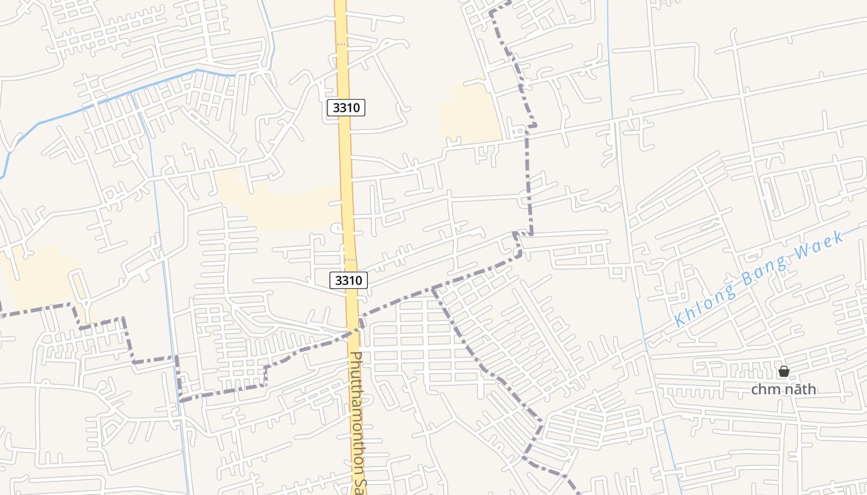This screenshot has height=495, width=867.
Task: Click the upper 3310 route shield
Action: [x=346, y=108]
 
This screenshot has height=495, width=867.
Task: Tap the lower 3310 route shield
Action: [x=349, y=280]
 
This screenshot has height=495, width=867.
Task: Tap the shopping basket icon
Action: [x=784, y=371]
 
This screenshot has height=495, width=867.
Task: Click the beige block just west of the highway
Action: [x=291, y=207]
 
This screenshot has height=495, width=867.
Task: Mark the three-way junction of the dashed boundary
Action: [x=434, y=288]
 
